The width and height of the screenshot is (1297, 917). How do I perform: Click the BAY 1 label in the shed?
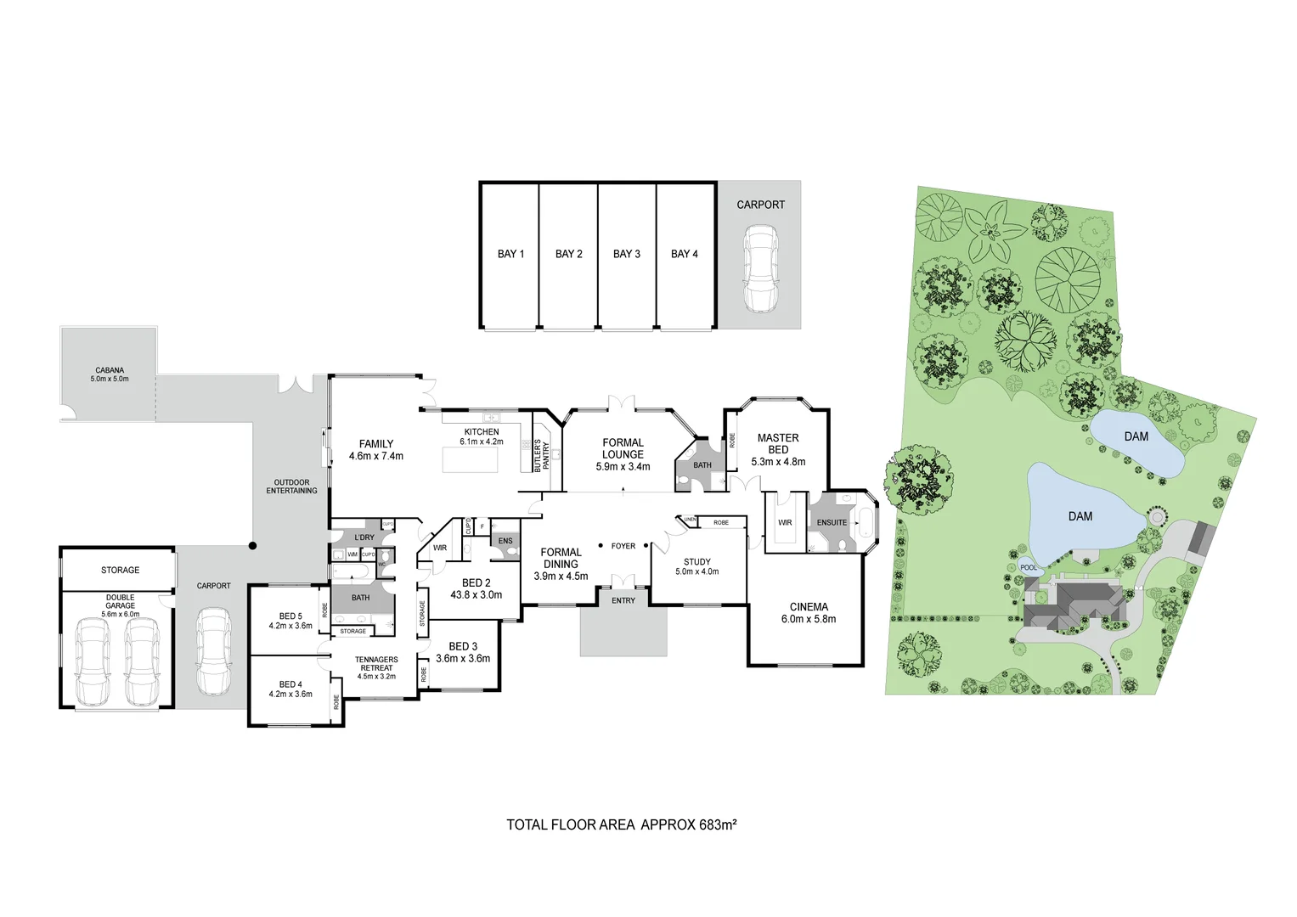coord(510,254)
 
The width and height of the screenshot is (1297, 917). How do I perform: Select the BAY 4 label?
coord(684,254)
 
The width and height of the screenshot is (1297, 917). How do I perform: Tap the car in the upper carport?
coord(760,270)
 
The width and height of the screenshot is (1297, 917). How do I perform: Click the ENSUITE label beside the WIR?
coord(832,522)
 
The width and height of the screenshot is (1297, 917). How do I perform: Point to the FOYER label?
coord(623,546)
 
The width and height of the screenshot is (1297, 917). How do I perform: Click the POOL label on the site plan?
coord(1028,567)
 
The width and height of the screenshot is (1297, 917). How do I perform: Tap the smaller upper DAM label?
coord(1136,436)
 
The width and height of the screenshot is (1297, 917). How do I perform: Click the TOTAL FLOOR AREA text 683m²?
coord(621,824)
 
